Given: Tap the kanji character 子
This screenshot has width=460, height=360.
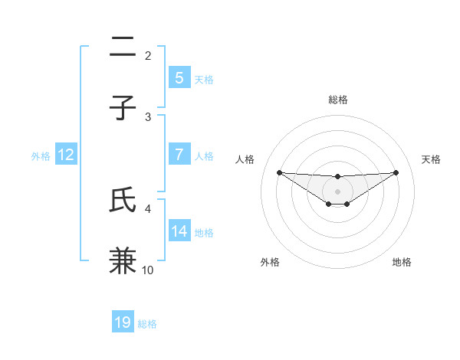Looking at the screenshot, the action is point(123,108).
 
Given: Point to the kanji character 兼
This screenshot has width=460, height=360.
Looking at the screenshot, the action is point(123,260).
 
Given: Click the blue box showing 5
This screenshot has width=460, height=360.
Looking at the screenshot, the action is point(179,77).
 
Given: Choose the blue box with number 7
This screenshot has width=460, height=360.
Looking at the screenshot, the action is point(179,154).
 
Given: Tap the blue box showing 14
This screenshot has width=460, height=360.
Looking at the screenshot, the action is point(179,231).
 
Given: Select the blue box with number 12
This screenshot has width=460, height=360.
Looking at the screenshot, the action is point(66,155).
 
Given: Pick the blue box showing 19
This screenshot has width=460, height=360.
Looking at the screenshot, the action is point(123,322).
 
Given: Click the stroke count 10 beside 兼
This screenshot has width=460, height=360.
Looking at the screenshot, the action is point(148,270).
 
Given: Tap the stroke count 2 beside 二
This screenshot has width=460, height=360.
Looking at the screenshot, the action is point(148,56).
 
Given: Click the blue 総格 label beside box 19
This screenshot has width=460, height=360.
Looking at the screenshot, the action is point(147,324).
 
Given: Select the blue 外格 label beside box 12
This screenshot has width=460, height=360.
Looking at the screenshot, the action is point(41,155).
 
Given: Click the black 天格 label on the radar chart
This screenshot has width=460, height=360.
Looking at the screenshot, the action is point(431,159).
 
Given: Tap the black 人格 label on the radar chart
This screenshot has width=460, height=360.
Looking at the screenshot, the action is point(245,159).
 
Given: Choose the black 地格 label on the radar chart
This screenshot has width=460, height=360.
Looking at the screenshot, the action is point(402,263).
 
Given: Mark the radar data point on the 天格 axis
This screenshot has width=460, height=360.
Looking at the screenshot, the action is point(396,172).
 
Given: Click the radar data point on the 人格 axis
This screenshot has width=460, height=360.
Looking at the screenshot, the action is point(279,172).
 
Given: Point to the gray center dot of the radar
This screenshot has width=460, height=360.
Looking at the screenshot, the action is point(337,191).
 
